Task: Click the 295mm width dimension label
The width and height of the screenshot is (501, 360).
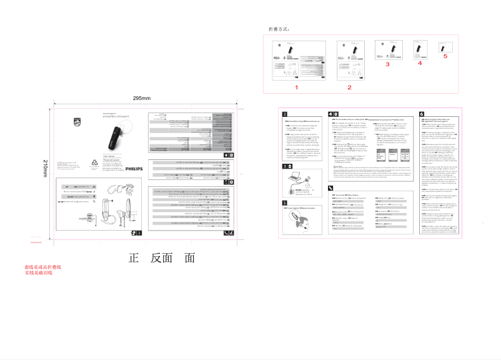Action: (142, 98)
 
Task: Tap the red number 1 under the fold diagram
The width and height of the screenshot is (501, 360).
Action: (297, 87)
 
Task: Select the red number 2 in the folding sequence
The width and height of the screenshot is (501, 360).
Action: (349, 87)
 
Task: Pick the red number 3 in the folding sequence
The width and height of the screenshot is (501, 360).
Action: (387, 64)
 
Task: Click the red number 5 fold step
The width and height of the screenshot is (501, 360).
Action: (445, 56)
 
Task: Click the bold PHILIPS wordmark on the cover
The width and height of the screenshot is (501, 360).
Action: (134, 169)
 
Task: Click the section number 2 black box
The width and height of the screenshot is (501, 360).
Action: (285, 114)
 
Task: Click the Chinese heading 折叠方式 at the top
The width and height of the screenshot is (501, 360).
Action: (279, 29)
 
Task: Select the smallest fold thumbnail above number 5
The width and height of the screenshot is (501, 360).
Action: (445, 46)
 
